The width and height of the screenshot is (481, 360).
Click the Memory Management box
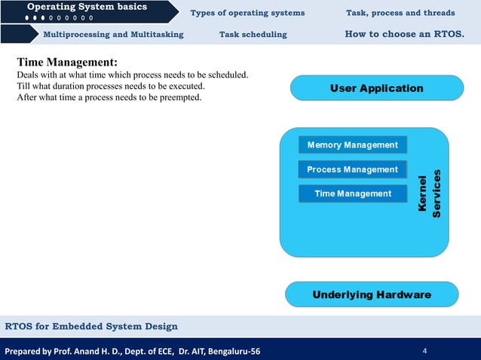click(x=352, y=145)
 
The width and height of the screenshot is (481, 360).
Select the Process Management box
click(x=352, y=169)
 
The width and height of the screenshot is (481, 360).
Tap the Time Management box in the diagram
click(x=352, y=194)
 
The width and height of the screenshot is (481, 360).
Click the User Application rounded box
click(x=376, y=88)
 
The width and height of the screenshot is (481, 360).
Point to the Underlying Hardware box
click(x=372, y=294)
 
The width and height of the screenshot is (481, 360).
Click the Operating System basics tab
click(x=87, y=8)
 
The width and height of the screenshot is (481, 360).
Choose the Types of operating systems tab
click(x=247, y=13)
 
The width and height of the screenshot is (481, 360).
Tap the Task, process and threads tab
click(x=400, y=13)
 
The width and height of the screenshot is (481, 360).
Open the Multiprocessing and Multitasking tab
click(x=113, y=35)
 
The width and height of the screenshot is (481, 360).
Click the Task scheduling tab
click(x=253, y=35)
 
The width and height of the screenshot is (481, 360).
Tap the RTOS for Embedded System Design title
click(x=91, y=326)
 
